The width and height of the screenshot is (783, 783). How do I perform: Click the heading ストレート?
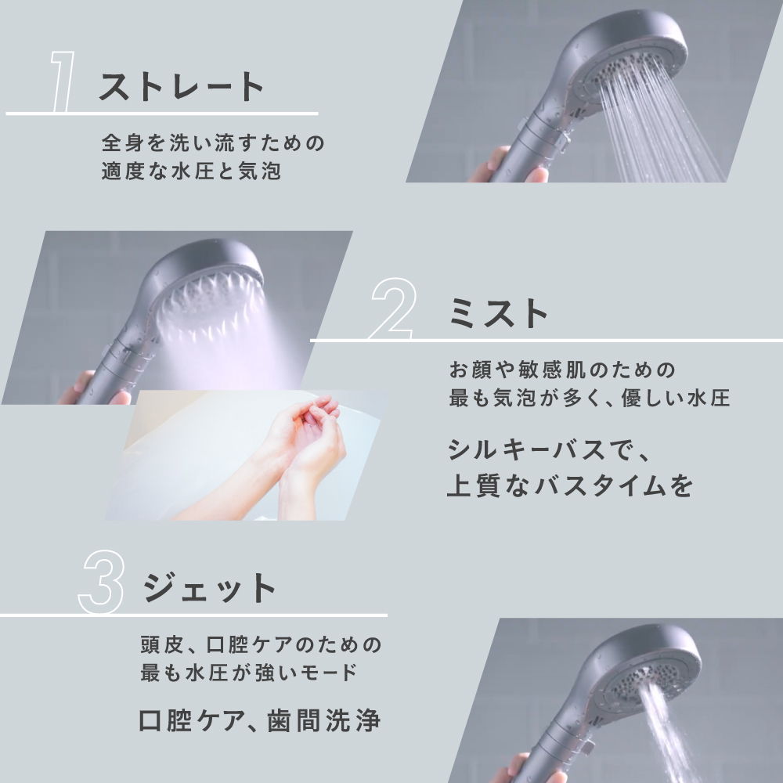182,86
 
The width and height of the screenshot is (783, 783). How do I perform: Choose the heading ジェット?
210,587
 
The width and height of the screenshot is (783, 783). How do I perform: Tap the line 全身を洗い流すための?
212,144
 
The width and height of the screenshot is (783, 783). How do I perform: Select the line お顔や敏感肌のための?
561,369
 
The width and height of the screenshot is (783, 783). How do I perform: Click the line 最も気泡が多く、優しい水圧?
589,397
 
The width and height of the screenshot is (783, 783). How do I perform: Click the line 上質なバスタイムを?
570,485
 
